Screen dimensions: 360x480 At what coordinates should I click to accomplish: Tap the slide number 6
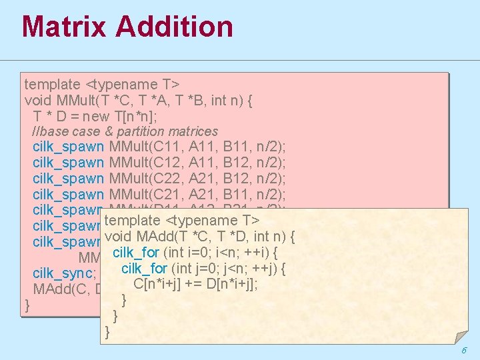(463, 351)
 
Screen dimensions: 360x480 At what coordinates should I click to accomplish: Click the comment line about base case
(125, 131)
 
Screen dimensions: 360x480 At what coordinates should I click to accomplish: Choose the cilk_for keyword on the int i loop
(137, 253)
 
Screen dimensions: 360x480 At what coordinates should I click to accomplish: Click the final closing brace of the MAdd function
(108, 331)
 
